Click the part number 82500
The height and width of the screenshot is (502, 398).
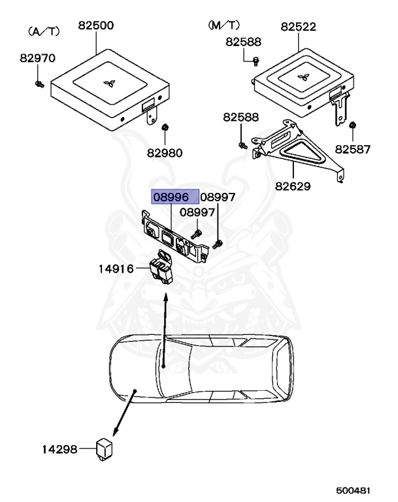coord(95,27)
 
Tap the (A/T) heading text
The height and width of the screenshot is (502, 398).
coord(44,31)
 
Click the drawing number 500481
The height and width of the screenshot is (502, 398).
coord(353,490)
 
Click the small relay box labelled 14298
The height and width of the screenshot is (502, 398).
coord(104,448)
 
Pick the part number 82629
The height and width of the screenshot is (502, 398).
coord(292,186)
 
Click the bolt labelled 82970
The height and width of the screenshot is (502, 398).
coord(40,84)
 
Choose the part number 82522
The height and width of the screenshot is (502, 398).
coord(299,27)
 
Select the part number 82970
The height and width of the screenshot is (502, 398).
coord(37,58)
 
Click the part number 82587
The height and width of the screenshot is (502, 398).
coord(353,150)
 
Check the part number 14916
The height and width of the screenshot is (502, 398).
coord(116,269)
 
